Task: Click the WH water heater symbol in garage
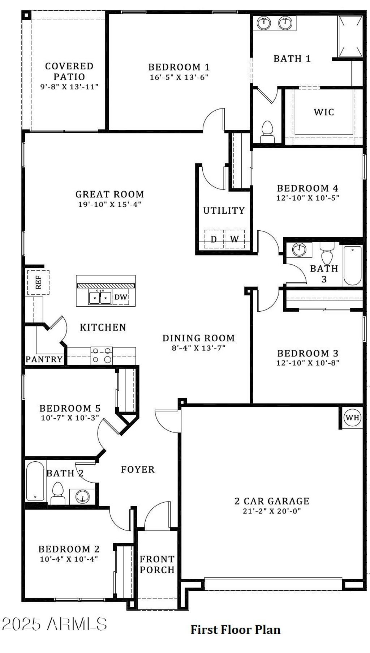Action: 352,418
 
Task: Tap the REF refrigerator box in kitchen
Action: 38,282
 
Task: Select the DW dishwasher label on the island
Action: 121,297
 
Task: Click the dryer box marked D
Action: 214,239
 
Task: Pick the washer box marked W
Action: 235,239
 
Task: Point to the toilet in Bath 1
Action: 267,132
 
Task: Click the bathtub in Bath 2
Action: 35,481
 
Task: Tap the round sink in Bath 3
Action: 299,249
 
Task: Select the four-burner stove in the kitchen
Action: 102,355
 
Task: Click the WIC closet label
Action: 324,112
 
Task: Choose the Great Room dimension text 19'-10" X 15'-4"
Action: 109,204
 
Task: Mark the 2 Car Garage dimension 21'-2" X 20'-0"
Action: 272,511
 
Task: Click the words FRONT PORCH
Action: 157,564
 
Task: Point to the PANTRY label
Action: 44,359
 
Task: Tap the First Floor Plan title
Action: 235,629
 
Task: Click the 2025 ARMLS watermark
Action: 54,624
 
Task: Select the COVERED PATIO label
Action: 69,71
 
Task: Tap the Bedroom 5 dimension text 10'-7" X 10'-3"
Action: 70,418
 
